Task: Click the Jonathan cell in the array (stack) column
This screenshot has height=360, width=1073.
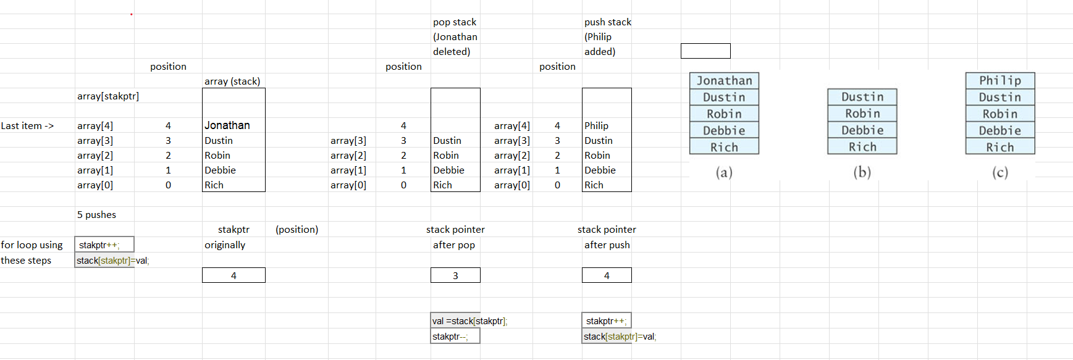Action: [x=227, y=125]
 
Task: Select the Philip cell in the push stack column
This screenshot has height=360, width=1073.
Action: [x=597, y=125]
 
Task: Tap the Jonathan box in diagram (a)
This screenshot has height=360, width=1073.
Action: [x=724, y=81]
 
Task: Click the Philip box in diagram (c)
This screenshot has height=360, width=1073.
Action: [x=1000, y=81]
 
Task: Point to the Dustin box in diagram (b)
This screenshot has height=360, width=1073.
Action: [x=862, y=97]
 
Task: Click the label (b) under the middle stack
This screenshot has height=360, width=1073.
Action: [x=862, y=172]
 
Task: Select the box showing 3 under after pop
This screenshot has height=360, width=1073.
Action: [x=455, y=275]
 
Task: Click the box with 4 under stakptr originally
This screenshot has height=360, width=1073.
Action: [x=234, y=275]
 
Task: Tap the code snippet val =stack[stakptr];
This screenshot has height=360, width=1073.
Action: [x=469, y=321]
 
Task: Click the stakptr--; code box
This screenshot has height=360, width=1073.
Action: [x=455, y=337]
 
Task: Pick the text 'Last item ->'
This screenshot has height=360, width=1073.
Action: [x=27, y=126]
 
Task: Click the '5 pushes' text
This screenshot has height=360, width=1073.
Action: [x=96, y=215]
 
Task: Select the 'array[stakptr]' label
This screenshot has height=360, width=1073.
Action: [x=108, y=96]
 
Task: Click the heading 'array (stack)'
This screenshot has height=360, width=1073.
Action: [x=232, y=82]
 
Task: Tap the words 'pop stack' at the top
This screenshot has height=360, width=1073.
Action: [x=455, y=22]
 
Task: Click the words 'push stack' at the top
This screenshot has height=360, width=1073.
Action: [x=608, y=22]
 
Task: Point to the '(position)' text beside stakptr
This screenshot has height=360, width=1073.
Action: [x=297, y=230]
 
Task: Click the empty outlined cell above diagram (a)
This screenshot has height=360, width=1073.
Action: [x=705, y=51]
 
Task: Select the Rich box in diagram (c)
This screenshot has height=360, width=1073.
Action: [x=1000, y=148]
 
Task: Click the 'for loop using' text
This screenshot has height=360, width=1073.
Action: [x=32, y=245]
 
